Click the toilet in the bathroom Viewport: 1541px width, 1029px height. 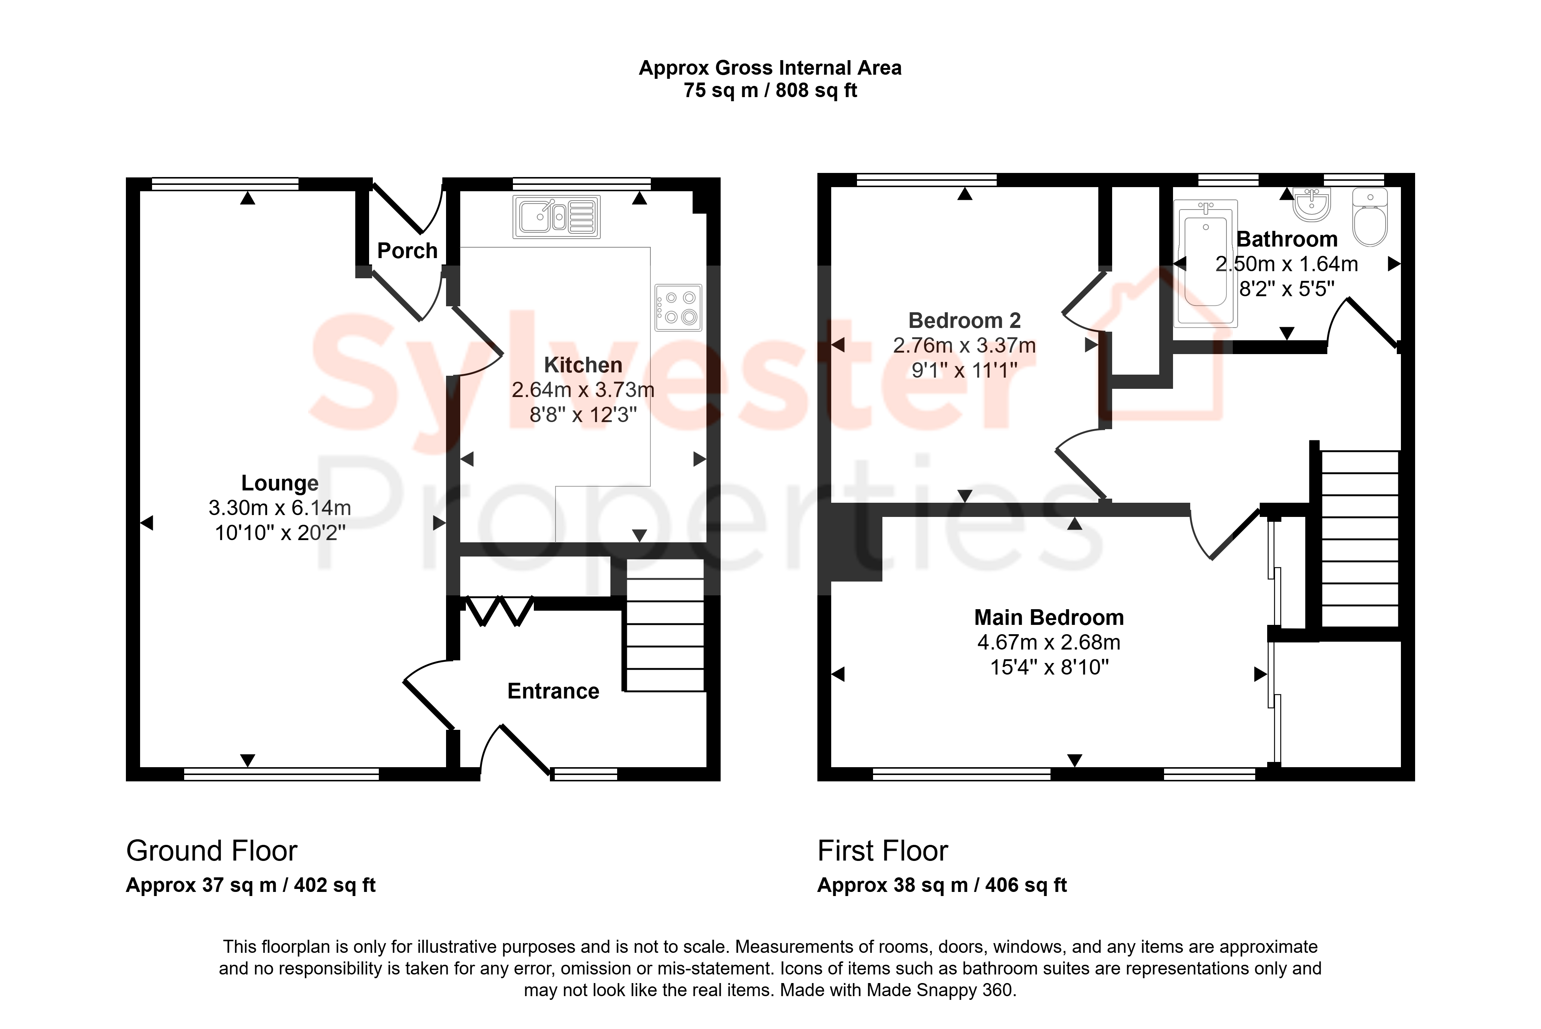pyautogui.click(x=1370, y=217)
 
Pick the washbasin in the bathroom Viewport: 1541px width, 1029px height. pyautogui.click(x=1312, y=204)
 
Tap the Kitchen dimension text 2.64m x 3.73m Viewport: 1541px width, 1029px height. pyautogui.click(x=583, y=390)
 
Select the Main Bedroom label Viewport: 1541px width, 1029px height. pyautogui.click(x=1049, y=617)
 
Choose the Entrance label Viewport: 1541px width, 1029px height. pyautogui.click(x=553, y=691)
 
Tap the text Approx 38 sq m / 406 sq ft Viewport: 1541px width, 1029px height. pyautogui.click(x=942, y=885)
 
